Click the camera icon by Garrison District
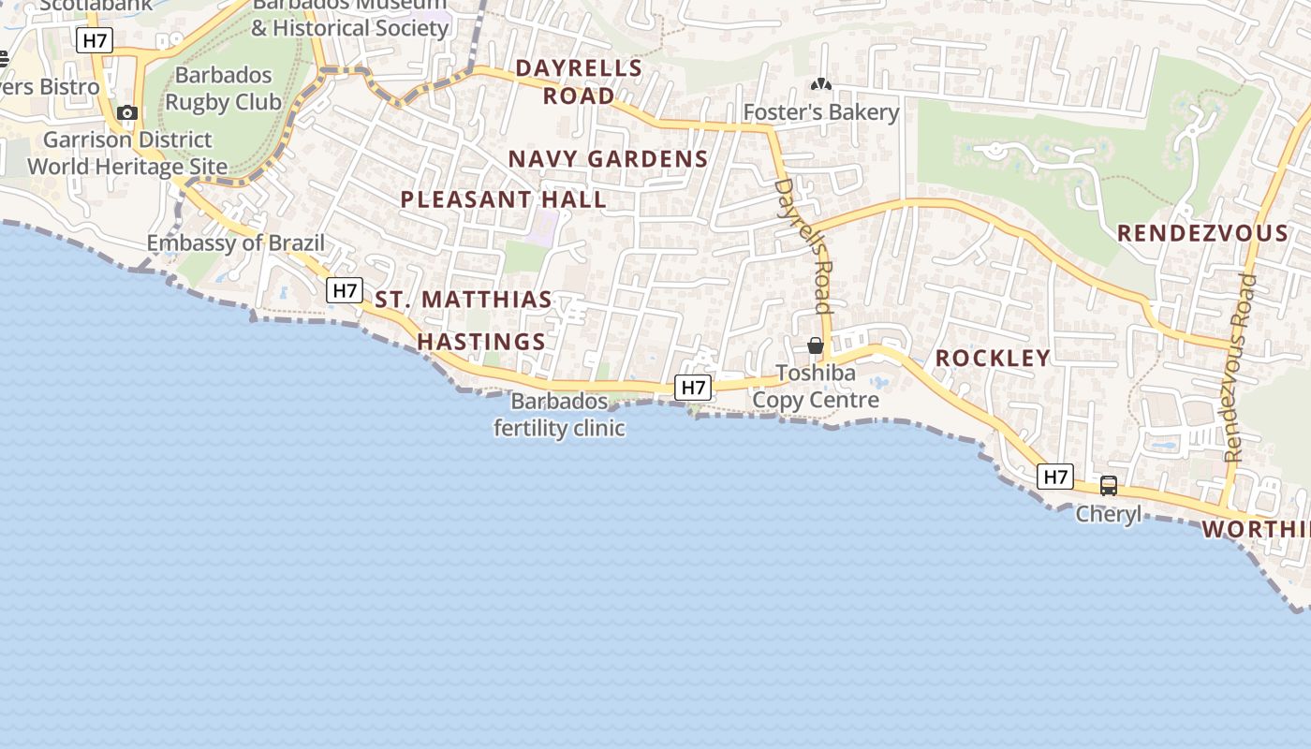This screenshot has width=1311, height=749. tap(127, 113)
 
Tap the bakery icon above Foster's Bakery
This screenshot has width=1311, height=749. tap(821, 85)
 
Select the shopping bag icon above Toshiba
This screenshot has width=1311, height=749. tap(816, 345)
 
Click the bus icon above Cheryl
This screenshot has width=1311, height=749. tap(1109, 486)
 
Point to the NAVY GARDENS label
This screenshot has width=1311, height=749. tap(608, 159)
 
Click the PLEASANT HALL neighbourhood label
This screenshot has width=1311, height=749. tap(504, 199)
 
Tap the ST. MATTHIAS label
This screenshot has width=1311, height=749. tap(464, 300)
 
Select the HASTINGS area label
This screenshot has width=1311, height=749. tap(481, 342)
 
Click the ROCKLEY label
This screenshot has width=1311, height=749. tap(993, 358)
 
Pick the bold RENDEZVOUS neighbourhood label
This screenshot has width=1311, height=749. tap(1202, 233)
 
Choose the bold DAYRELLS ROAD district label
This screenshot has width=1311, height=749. tap(579, 81)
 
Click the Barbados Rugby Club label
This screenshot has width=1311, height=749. tap(223, 88)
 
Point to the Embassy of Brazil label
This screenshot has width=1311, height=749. tap(236, 243)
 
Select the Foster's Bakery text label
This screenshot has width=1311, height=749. tap(820, 112)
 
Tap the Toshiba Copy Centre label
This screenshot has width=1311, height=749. tap(816, 387)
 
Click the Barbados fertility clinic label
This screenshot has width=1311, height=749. tap(559, 415)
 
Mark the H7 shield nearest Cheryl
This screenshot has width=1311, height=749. tap(1055, 477)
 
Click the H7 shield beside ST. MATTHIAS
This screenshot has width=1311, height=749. tap(345, 290)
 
